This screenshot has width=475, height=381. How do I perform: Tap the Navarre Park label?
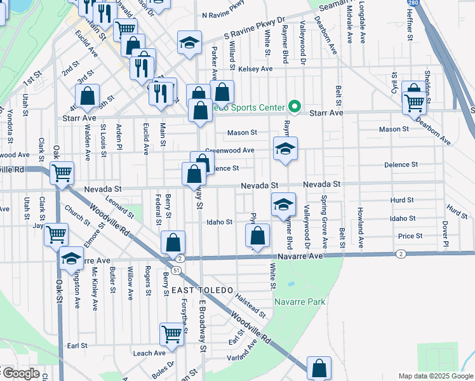tap(300, 302)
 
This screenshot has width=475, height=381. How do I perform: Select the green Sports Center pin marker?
tap(294, 106)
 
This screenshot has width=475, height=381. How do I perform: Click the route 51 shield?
tap(175, 270)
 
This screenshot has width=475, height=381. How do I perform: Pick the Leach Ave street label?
tap(149, 353)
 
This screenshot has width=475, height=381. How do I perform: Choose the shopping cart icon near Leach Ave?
tap(172, 333)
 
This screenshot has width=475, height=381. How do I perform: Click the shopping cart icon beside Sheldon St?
tap(415, 102)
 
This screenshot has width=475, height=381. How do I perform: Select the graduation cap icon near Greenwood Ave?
tap(285, 150)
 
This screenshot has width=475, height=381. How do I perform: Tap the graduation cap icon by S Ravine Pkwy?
tap(189, 43)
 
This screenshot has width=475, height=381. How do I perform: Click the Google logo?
tap(20, 374)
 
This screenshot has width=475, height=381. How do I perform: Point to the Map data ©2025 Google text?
tap(435, 376)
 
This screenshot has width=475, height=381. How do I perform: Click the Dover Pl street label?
tap(445, 234)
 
